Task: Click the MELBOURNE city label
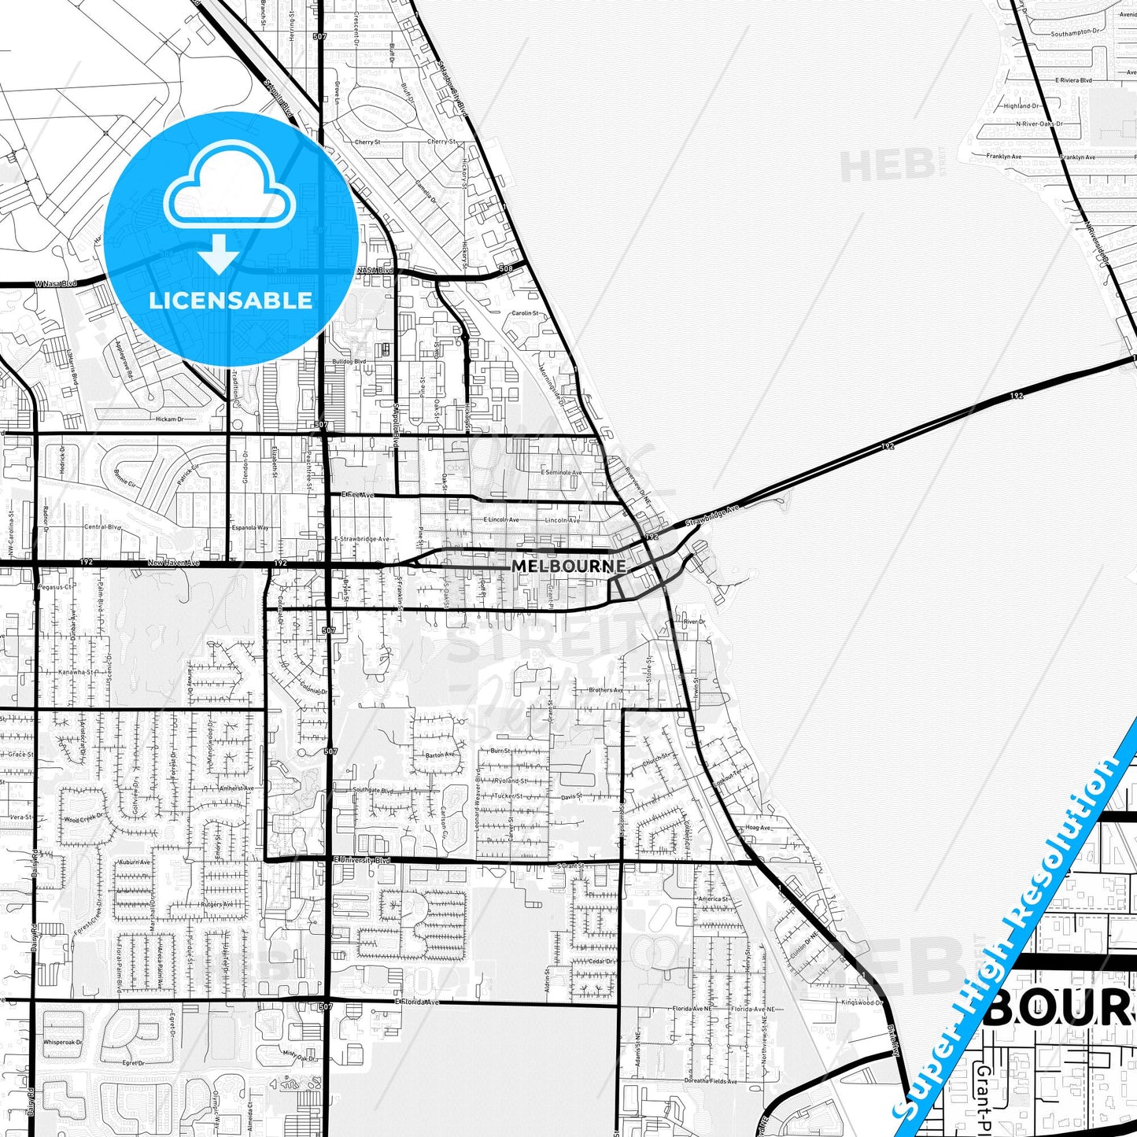[x=569, y=566]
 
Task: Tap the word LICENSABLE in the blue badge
[x=231, y=300]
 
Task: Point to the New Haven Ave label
[x=174, y=563]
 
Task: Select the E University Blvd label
[x=361, y=860]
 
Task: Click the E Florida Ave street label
[x=417, y=1002]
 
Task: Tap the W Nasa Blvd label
[x=56, y=283]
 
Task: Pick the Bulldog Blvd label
[x=349, y=361]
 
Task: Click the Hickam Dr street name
[x=168, y=419]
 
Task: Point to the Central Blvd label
[x=102, y=527]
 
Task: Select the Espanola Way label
[x=251, y=527]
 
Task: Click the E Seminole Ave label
[x=561, y=473]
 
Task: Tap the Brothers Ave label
[x=605, y=690]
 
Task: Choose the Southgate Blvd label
[x=372, y=789]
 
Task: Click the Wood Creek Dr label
[x=82, y=820]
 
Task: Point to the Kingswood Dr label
[x=862, y=1002]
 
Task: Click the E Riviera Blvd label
[x=1073, y=80]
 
